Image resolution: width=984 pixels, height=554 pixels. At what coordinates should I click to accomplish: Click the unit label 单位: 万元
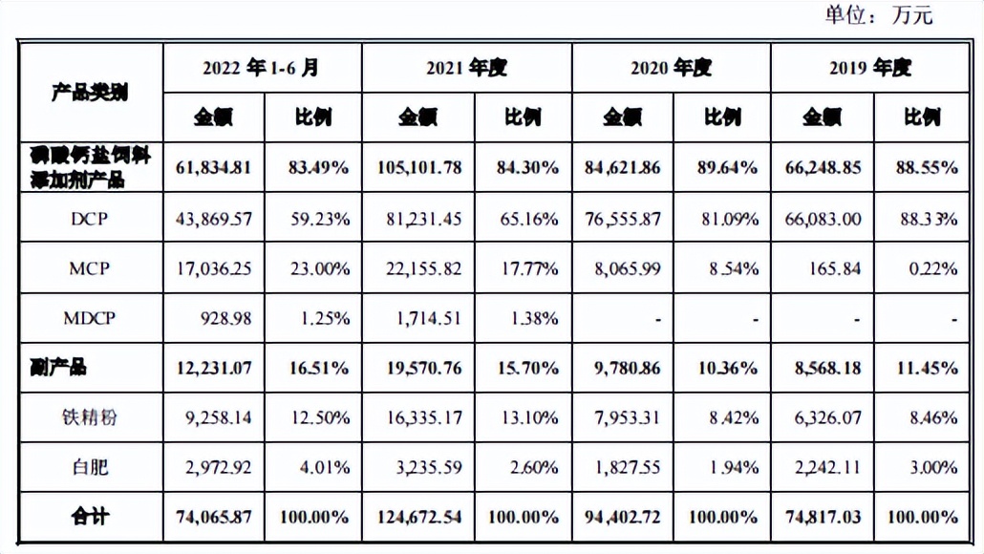(878, 15)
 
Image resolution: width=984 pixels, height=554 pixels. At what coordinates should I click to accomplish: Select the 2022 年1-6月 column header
(260, 68)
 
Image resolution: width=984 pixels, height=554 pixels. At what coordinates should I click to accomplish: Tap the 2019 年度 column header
(870, 68)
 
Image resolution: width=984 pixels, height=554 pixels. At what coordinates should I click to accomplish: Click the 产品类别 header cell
(90, 93)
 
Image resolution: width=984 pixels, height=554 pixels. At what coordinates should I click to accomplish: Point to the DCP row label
(90, 218)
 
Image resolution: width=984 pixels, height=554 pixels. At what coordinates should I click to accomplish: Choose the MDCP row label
(90, 317)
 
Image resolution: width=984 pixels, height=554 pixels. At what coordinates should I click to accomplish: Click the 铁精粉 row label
(90, 416)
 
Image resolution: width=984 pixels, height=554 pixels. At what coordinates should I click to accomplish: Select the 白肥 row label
(90, 467)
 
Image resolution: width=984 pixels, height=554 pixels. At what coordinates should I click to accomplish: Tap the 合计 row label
(90, 517)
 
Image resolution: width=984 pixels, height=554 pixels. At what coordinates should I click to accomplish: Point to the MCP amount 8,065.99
(626, 268)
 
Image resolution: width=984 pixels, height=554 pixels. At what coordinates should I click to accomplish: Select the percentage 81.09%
(727, 219)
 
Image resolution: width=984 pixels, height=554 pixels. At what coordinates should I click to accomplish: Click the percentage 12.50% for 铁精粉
(317, 417)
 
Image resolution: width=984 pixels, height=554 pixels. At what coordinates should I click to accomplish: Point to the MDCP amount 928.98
(225, 318)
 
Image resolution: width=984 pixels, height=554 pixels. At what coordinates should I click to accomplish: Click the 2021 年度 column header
(466, 68)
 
